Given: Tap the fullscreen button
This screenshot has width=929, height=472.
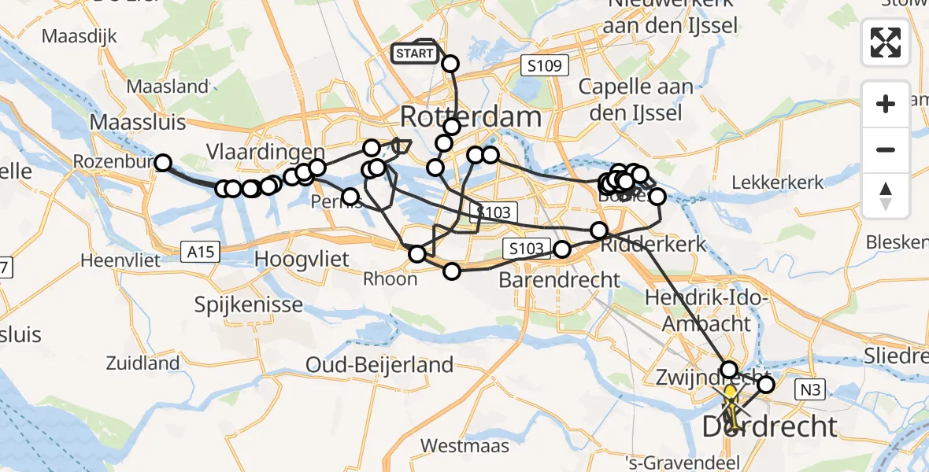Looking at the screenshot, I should pos(886,42).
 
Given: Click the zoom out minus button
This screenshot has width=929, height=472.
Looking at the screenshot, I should pos(886,149).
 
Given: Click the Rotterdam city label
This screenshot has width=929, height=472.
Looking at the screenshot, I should pos(471,117).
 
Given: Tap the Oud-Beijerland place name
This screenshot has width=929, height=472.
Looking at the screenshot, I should pos(379,364).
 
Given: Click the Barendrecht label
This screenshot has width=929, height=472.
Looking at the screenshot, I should pos(560,279).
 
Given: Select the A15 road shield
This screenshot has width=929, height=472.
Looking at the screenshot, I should pos(201,252).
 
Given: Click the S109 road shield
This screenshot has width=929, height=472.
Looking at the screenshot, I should pos(545,66).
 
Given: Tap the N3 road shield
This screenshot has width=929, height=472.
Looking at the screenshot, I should pos(816,388).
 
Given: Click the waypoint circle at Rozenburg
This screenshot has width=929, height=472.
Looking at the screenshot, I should pos(162,163).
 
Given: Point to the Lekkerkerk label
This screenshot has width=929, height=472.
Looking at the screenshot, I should pos(777,183).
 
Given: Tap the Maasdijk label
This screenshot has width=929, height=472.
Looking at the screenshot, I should pos(80,35).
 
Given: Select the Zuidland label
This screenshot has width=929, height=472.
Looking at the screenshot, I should pos(142,363).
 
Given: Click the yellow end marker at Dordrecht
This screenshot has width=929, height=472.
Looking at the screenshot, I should pos(730,393).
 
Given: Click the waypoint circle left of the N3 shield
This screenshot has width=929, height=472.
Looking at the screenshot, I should pos(765,385).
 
